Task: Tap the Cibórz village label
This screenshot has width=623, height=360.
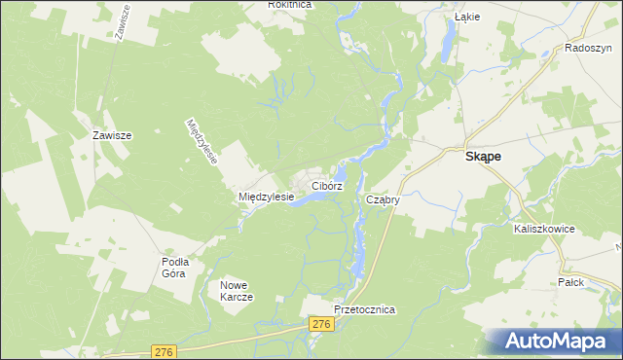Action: (326, 185)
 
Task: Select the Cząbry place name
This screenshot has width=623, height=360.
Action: (384, 199)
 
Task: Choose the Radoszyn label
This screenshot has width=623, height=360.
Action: (586, 48)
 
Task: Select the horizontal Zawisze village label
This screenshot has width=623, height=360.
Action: (112, 136)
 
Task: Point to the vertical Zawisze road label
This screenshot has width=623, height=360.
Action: (124, 21)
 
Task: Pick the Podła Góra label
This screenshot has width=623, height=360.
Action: (175, 267)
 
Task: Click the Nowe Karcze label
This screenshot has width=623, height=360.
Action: (237, 291)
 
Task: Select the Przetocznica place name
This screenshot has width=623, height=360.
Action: (364, 308)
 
